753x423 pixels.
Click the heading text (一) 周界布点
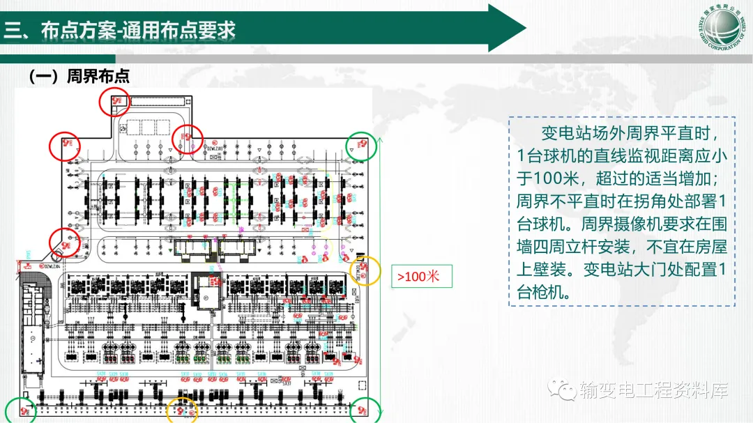pos(79,76)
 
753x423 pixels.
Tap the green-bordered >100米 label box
pos(420,277)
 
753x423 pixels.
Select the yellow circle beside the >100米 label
pos(365,271)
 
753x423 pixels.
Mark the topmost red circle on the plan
pos(114,102)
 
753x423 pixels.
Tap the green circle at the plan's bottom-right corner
pos(364,410)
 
